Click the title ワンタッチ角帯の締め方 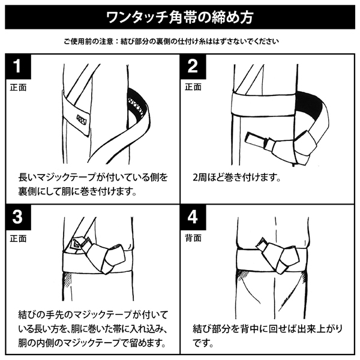[180, 17]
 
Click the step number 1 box [19, 67]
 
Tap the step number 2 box [193, 67]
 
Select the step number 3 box [19, 217]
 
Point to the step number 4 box [193, 217]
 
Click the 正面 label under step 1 [19, 88]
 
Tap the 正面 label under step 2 [193, 87]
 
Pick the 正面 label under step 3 [19, 239]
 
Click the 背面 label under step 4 [193, 238]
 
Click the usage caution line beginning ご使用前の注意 [171, 41]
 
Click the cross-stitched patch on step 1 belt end [82, 119]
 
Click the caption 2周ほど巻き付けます [237, 178]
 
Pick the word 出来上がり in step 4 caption [319, 329]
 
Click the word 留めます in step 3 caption [148, 343]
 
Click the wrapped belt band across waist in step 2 [263, 104]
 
